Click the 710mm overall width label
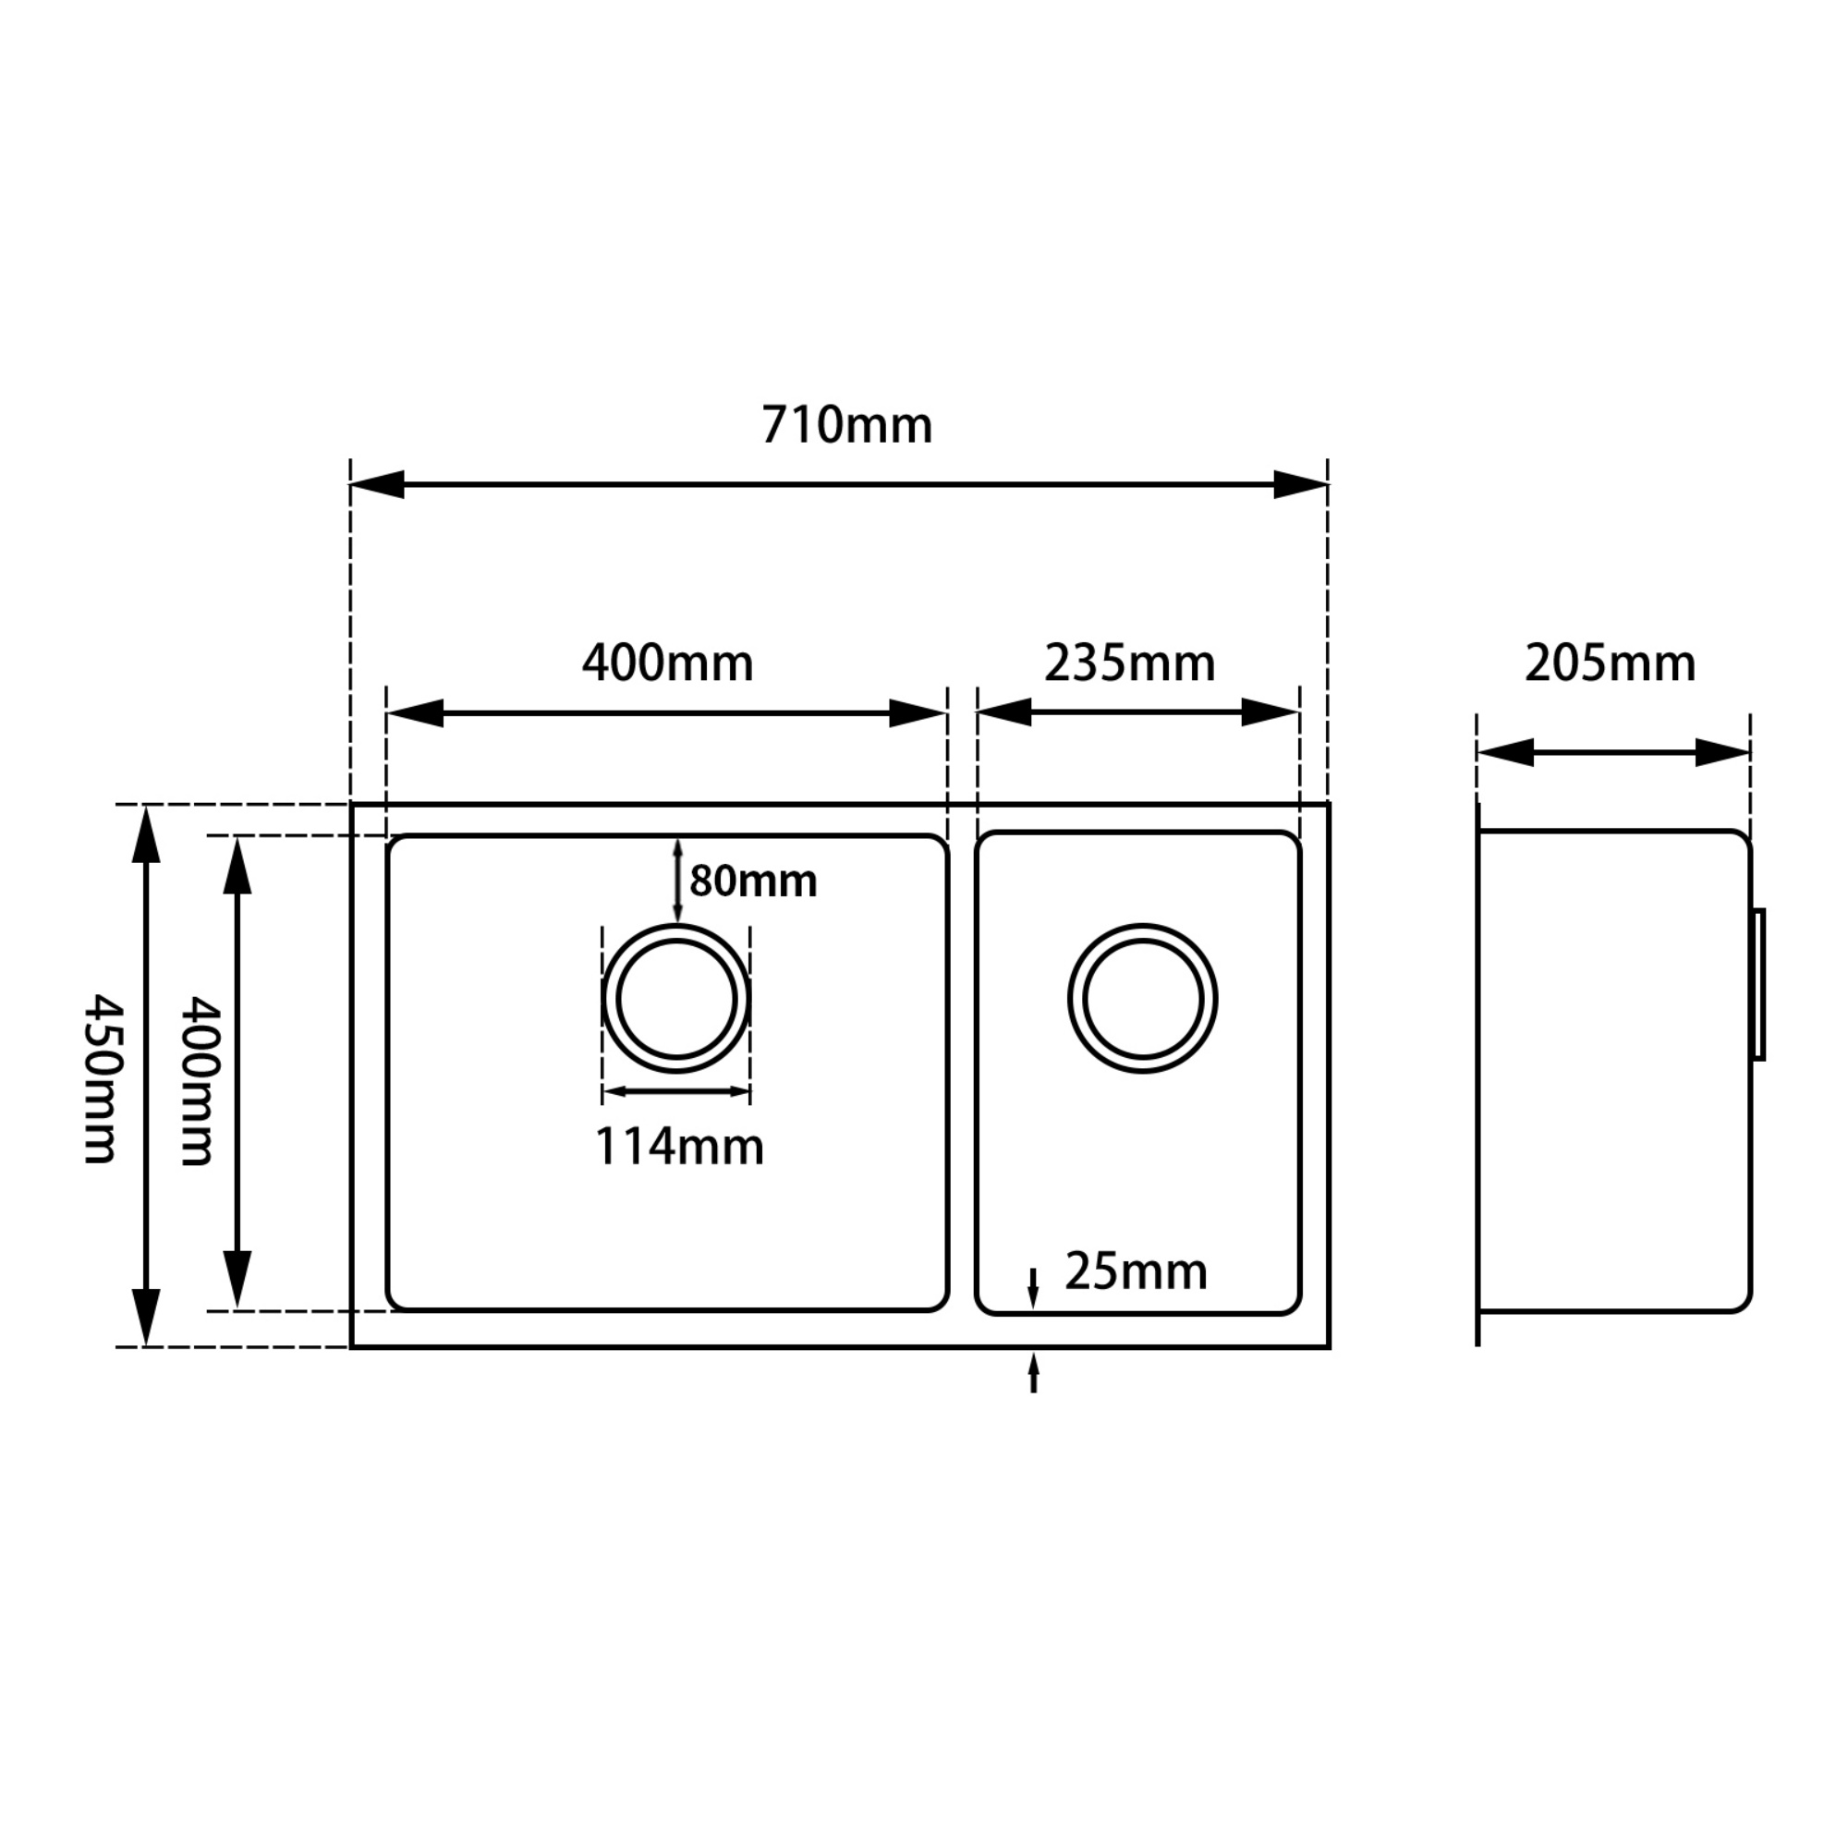[846, 426]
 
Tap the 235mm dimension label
[1130, 663]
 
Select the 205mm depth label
[1610, 663]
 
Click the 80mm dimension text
[753, 881]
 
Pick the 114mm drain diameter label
[679, 1146]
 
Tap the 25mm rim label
[1136, 1271]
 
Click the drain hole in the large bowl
[676, 999]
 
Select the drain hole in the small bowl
[1142, 999]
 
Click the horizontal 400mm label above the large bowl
[668, 663]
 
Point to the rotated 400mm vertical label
[198, 1081]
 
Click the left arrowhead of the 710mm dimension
[378, 485]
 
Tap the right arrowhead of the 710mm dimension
[1301, 485]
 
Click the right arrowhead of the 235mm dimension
[1270, 712]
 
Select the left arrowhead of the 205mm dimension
[1505, 753]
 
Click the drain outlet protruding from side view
[1758, 984]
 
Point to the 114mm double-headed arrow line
[676, 1091]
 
